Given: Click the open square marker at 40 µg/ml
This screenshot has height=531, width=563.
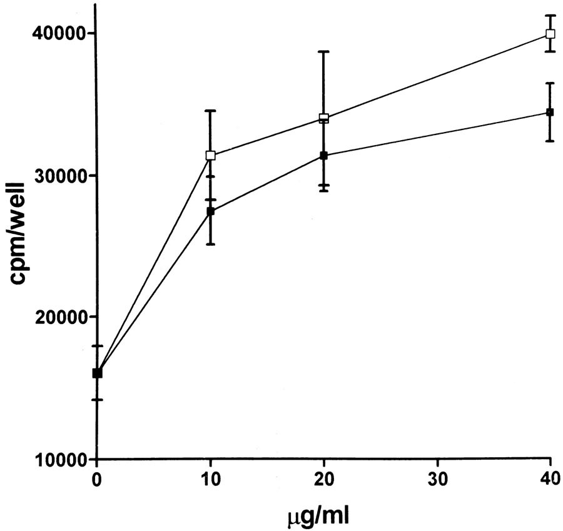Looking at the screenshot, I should pyautogui.click(x=550, y=34).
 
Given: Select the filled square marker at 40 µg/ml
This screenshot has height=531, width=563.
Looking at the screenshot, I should pyautogui.click(x=550, y=113).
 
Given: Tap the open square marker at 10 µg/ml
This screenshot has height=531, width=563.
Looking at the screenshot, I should pyautogui.click(x=211, y=155).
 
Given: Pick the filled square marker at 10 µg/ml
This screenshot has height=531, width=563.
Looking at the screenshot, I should pyautogui.click(x=211, y=211).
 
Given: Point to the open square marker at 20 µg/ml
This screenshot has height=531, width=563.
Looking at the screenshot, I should pyautogui.click(x=324, y=118).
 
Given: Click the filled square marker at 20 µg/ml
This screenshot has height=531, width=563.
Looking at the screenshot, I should pyautogui.click(x=324, y=155).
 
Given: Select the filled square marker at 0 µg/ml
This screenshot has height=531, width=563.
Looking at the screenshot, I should pyautogui.click(x=97, y=373).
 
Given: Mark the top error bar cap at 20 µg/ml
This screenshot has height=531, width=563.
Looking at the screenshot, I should pyautogui.click(x=324, y=51).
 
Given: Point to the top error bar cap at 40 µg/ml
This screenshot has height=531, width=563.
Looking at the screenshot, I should pyautogui.click(x=550, y=15).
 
